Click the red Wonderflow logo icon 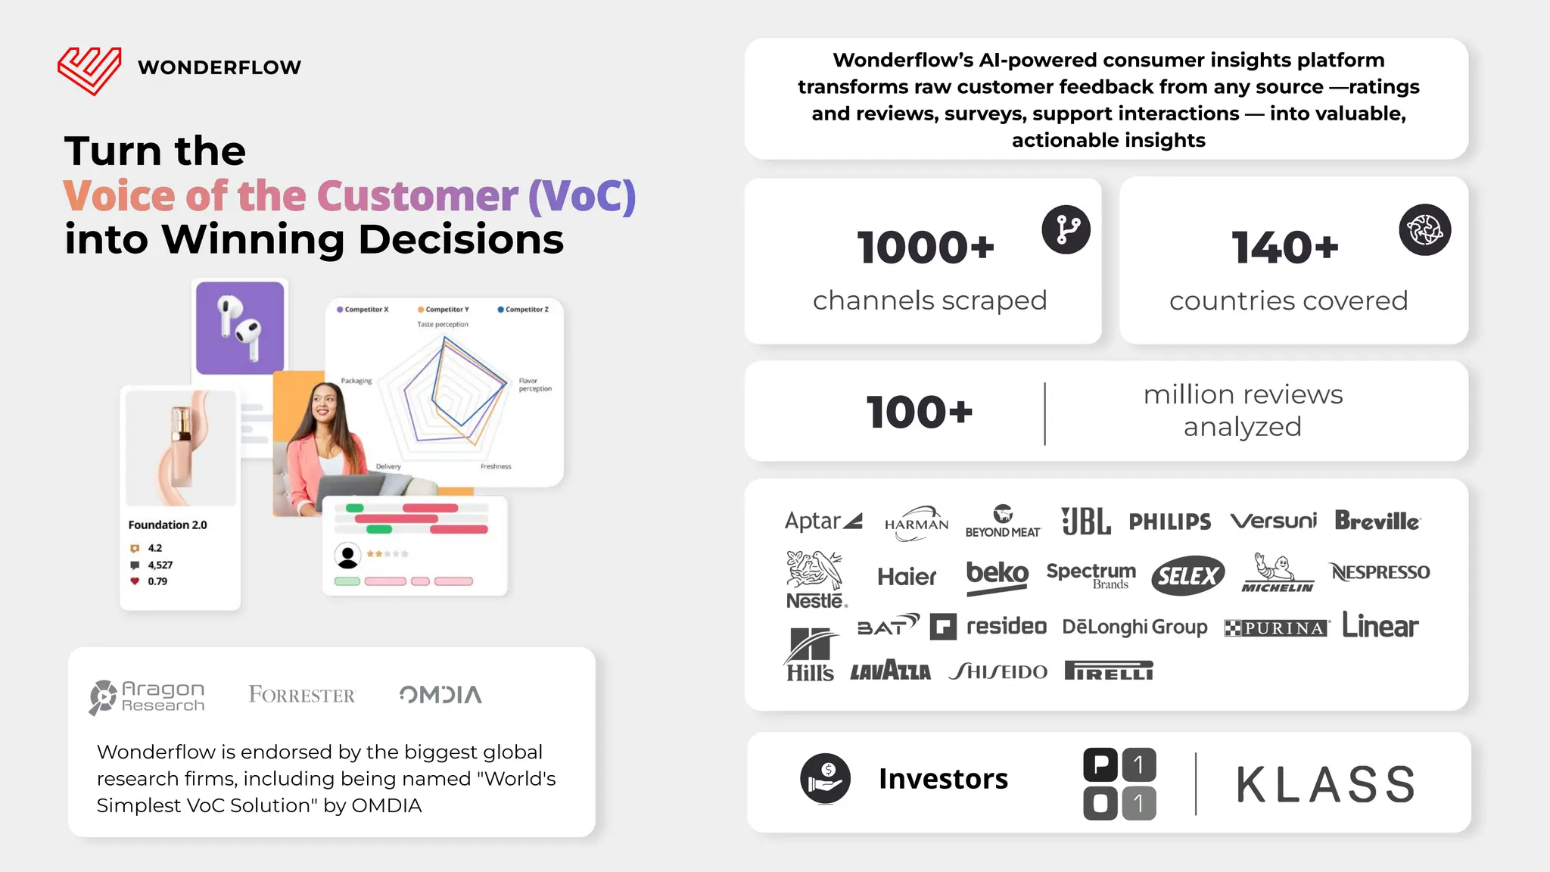[x=89, y=70]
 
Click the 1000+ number [x=925, y=248]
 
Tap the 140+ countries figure [x=1284, y=248]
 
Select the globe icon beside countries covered [x=1424, y=229]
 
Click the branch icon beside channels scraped [x=1066, y=229]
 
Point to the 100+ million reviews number [x=919, y=413]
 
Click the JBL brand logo [x=1085, y=521]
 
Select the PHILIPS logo [x=1169, y=522]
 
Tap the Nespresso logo [x=1380, y=572]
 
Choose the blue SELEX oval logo [x=1187, y=576]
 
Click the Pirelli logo [x=1108, y=671]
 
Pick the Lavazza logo [x=890, y=671]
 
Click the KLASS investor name [x=1325, y=784]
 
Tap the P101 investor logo [x=1119, y=784]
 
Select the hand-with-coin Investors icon [x=825, y=778]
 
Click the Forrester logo [x=301, y=695]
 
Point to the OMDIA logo [x=440, y=694]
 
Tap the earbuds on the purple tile [x=239, y=328]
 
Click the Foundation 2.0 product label [x=167, y=525]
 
